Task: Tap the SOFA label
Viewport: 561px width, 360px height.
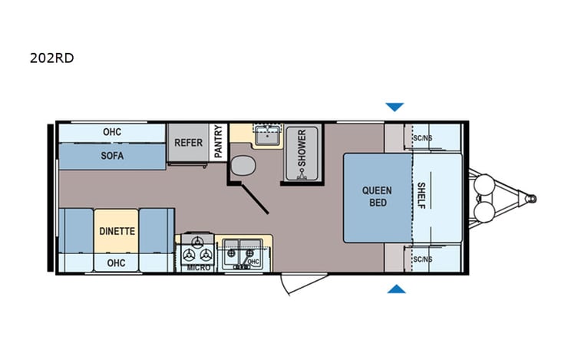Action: tap(112, 154)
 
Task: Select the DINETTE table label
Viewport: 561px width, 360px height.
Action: tap(117, 230)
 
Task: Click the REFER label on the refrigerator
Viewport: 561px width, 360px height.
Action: tap(188, 142)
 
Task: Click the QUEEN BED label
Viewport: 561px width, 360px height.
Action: tap(377, 197)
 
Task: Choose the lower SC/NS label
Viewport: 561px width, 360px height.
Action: tap(423, 259)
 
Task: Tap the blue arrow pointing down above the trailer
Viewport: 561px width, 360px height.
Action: tap(394, 107)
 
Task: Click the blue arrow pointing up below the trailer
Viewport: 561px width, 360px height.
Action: tap(395, 289)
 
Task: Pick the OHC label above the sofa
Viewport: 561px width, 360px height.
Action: tap(112, 131)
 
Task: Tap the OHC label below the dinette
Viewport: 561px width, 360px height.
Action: tap(116, 262)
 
